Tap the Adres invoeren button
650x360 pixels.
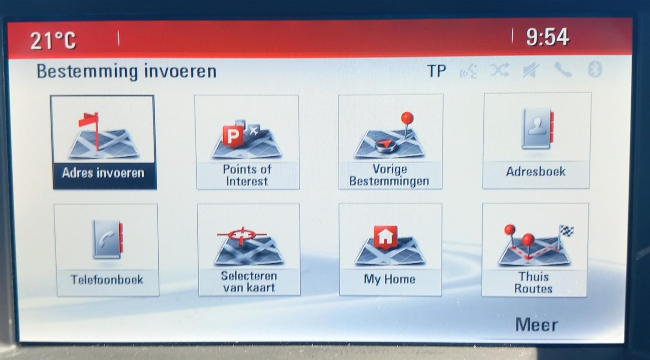tap(104, 142)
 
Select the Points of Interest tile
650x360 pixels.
tap(247, 142)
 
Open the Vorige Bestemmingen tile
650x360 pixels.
tap(390, 142)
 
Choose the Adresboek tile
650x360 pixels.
tap(536, 141)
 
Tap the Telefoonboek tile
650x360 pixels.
tap(107, 250)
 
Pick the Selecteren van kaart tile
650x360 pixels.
tap(249, 250)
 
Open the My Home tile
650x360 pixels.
tap(390, 249)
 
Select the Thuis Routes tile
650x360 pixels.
tap(535, 250)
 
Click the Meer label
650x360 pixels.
tap(536, 325)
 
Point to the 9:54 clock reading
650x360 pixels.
tap(548, 37)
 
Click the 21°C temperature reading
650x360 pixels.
tap(53, 40)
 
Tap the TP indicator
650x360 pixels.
tap(436, 71)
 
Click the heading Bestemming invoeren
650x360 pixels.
tap(126, 71)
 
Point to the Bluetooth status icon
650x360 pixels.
tap(595, 69)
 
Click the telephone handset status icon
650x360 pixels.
tap(563, 70)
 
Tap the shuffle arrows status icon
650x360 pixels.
tap(500, 70)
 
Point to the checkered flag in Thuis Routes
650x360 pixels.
tap(566, 231)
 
